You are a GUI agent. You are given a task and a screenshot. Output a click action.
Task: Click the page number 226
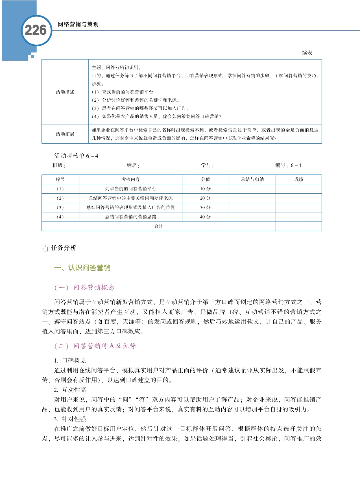[36, 30]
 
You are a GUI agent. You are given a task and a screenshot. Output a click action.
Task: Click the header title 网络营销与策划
[78, 24]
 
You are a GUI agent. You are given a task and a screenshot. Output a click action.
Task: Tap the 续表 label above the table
[307, 53]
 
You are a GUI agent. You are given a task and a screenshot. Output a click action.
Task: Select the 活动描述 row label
[65, 92]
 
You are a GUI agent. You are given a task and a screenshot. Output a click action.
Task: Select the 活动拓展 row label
[65, 134]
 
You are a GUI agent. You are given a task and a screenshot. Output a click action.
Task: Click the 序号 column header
[60, 180]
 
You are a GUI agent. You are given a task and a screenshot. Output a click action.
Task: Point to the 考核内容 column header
[130, 180]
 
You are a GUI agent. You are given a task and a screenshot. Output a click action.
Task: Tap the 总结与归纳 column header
[252, 180]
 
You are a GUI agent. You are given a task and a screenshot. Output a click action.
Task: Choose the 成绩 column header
[298, 180]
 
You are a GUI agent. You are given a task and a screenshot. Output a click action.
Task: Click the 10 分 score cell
[205, 189]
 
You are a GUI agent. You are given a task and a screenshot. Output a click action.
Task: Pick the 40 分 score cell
[205, 217]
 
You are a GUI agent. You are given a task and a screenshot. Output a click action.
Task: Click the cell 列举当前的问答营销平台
[130, 189]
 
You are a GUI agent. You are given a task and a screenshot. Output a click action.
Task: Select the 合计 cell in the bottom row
[159, 226]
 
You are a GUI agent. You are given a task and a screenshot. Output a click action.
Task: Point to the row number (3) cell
[60, 207]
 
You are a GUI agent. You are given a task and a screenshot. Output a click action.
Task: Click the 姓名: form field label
[133, 165]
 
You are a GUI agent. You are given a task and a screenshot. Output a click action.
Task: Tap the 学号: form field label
[207, 165]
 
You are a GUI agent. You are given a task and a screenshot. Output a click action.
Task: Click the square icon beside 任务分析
[45, 248]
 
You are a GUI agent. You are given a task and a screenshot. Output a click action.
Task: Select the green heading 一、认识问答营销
[82, 268]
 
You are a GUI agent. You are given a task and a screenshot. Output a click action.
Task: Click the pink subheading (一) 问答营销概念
[84, 288]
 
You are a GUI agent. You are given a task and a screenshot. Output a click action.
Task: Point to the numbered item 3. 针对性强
[70, 419]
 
